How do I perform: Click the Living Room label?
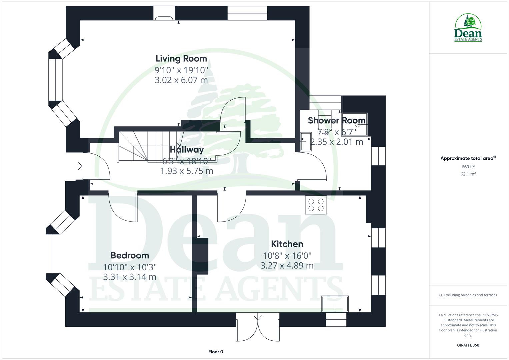coord(181,59)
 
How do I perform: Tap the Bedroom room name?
coord(130,255)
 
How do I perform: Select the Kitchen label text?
coord(287,244)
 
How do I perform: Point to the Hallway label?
coord(187,150)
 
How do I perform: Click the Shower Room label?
coord(337,120)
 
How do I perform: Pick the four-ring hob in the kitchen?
coord(316,205)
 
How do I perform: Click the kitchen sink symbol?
coord(335,304)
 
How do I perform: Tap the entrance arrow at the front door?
coord(79,166)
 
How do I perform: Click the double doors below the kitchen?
coord(257,327)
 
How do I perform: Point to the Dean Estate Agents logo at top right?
coord(468,28)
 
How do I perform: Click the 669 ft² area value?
coord(468,167)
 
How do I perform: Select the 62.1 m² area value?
coord(468,174)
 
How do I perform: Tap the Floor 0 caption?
coord(216,352)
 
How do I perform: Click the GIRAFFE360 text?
coord(468,345)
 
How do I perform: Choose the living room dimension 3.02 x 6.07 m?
coord(181,80)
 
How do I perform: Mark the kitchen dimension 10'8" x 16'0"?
coord(287,256)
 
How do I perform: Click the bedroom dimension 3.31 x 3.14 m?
coord(130,277)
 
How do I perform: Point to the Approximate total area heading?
coord(468,158)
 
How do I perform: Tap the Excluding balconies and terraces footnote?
coord(468,295)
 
